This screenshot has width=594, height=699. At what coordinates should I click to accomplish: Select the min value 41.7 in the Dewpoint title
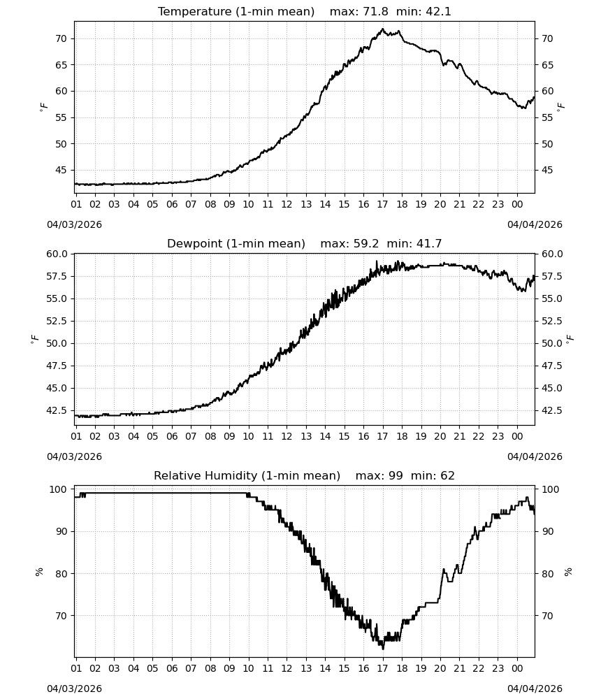pos(429,243)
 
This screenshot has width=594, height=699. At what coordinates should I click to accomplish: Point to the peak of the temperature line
pos(382,29)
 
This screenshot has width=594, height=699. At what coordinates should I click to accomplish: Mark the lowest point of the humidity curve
pos(383,649)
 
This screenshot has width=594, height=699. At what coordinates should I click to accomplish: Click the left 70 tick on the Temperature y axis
pos(61,38)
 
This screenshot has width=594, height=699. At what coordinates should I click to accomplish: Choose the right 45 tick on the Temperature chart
pos(547,171)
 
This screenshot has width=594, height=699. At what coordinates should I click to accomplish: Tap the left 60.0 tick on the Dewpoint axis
pos(57,254)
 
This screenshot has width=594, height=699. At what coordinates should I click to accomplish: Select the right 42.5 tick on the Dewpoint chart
pos(552,410)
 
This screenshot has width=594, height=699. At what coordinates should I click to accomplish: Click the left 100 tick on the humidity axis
pos(59,489)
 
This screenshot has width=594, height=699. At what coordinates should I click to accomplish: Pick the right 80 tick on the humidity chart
pos(547,574)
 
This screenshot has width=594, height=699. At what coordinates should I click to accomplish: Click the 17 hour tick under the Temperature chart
pos(382,204)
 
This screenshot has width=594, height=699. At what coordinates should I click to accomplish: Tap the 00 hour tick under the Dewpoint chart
pos(517,436)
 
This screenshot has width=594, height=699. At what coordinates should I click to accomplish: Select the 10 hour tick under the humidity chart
pos(248,668)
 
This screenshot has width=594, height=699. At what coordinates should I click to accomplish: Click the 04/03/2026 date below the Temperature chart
pos(74,224)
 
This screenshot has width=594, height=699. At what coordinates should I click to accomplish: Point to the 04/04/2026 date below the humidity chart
pos(535,689)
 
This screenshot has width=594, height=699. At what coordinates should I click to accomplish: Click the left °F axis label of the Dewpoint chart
pos(34,340)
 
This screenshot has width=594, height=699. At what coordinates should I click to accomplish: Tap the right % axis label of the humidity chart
pos(567,572)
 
